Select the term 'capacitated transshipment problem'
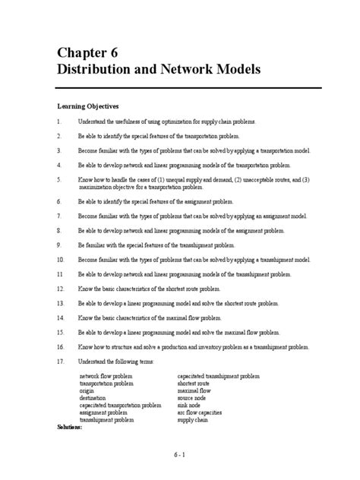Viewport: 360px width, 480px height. click(218, 375)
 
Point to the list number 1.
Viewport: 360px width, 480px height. click(58, 121)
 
